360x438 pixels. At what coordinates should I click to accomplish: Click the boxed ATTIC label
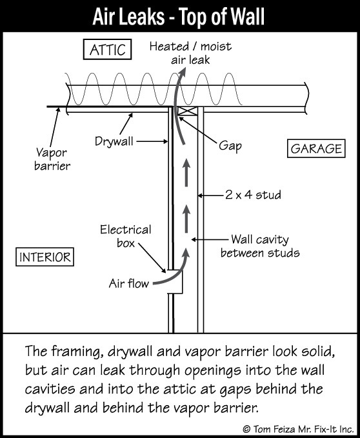(108, 50)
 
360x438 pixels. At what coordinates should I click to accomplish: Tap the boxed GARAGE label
(316, 148)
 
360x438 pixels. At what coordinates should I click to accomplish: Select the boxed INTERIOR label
(45, 257)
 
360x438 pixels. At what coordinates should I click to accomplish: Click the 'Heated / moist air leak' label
(190, 53)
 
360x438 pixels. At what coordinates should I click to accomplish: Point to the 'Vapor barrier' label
(52, 159)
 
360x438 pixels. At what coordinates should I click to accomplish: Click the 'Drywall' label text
(114, 141)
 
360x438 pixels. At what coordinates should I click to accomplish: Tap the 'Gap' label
(230, 146)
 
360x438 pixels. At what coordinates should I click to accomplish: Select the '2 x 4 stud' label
(253, 195)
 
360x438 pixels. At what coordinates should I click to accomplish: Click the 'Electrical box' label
(126, 236)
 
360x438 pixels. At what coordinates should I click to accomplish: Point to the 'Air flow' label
(129, 284)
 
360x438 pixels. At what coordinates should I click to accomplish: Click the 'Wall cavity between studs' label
(260, 246)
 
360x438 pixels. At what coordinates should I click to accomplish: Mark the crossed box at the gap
(188, 111)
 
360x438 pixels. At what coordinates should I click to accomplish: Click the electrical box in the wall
(175, 281)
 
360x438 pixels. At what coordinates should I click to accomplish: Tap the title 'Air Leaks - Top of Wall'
(179, 16)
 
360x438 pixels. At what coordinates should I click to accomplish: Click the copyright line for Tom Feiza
(298, 429)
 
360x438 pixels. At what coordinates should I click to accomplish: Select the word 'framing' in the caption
(75, 352)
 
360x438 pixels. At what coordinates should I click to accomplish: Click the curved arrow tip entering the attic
(183, 69)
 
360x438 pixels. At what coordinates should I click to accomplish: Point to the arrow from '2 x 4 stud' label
(212, 195)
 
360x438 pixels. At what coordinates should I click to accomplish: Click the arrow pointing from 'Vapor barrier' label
(54, 127)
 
